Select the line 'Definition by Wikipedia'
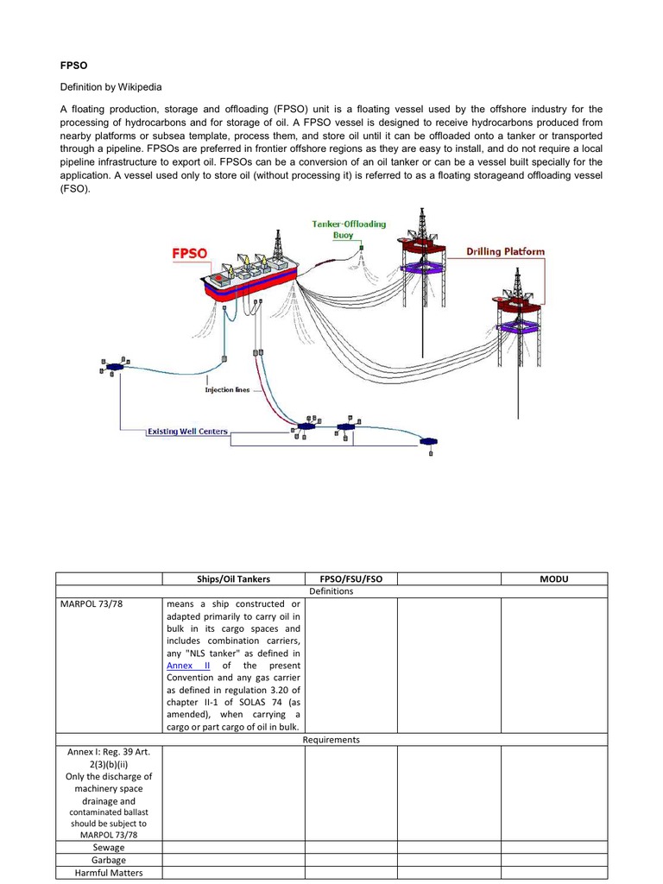110,87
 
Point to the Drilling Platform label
506,252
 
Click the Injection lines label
227,389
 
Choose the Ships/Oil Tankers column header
233,578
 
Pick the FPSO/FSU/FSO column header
350,578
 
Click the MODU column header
554,578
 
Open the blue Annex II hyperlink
188,666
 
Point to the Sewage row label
109,848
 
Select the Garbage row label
109,860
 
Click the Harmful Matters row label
109,873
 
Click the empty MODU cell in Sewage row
554,848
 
